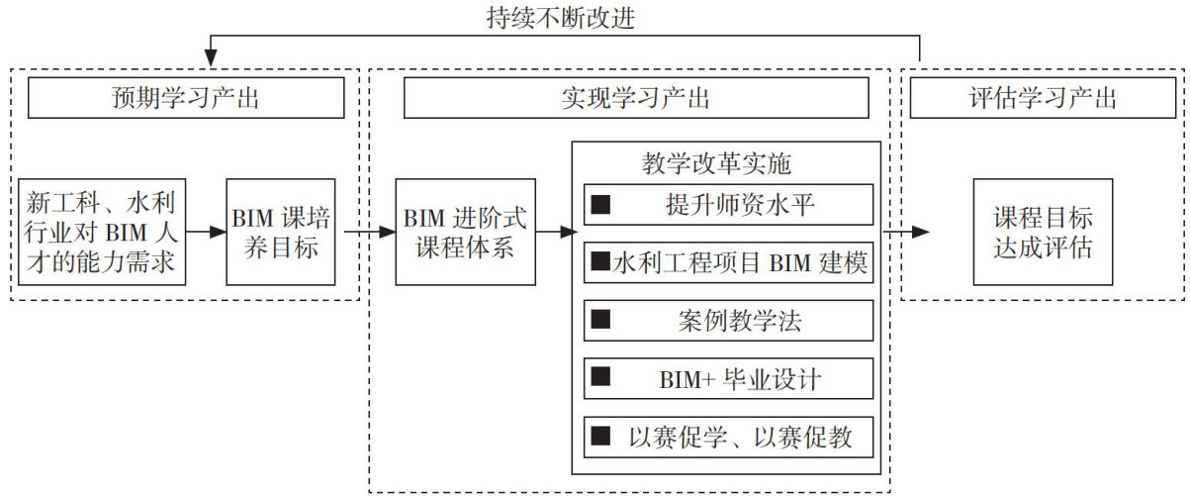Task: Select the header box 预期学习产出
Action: pyautogui.click(x=186, y=98)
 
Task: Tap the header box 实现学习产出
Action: pyautogui.click(x=636, y=98)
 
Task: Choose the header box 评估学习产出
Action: pyautogui.click(x=1043, y=98)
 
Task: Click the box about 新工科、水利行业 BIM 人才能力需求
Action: pyautogui.click(x=102, y=232)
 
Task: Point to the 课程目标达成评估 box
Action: pyautogui.click(x=1043, y=232)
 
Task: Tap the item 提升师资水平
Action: pyautogui.click(x=728, y=205)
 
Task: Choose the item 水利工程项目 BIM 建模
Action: pyautogui.click(x=728, y=262)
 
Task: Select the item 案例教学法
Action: pyautogui.click(x=728, y=320)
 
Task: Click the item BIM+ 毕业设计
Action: pyautogui.click(x=728, y=378)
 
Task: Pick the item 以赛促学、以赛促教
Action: pyautogui.click(x=728, y=436)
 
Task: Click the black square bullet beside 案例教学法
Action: pyautogui.click(x=599, y=320)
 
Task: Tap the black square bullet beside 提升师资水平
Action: pyautogui.click(x=599, y=205)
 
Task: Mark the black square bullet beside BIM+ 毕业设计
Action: pyautogui.click(x=599, y=378)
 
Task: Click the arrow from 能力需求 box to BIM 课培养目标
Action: pyautogui.click(x=206, y=232)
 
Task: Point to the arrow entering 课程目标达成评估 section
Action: pyautogui.click(x=907, y=232)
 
